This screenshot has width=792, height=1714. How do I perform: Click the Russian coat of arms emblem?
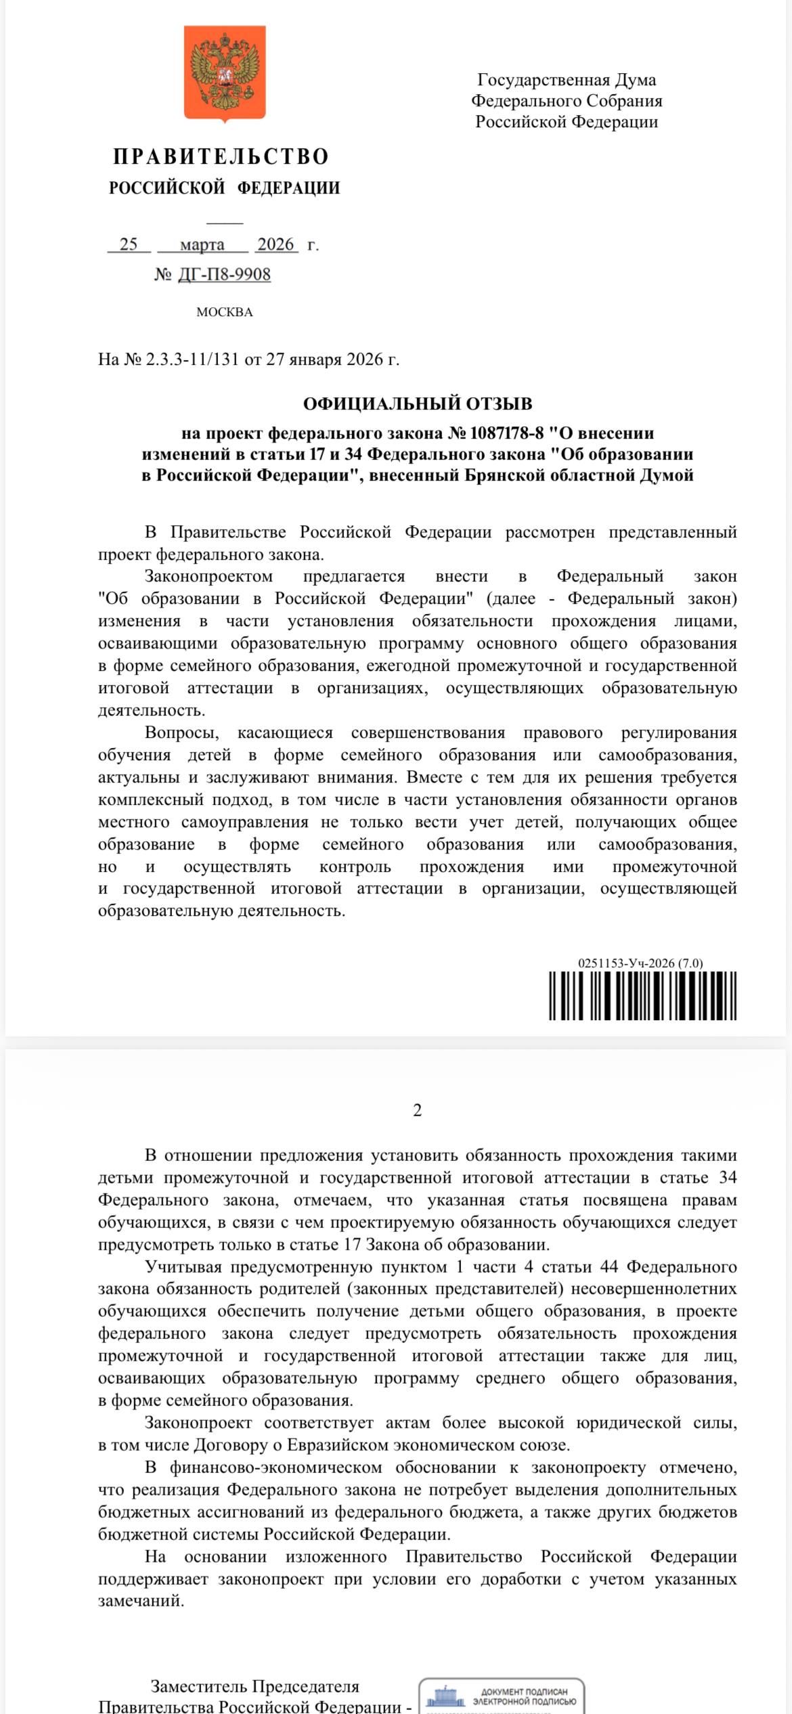pos(225,73)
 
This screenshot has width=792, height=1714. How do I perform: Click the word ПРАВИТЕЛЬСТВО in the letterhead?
pos(221,157)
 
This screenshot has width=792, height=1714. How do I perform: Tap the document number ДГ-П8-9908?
pos(224,274)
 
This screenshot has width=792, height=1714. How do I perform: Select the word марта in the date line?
pos(202,244)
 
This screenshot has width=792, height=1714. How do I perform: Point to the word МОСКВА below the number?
pos(225,312)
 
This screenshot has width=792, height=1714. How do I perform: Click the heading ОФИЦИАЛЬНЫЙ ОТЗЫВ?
pos(418,403)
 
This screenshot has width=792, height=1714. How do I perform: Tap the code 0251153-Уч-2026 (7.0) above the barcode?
pos(640,963)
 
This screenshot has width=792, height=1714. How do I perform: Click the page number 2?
pos(418,1110)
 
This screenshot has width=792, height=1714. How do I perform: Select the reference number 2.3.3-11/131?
pos(193,359)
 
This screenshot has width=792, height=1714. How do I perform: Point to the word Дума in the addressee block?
pos(635,80)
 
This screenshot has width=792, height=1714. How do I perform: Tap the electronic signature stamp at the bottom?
pos(502,1696)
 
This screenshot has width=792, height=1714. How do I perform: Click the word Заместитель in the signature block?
pos(198,1686)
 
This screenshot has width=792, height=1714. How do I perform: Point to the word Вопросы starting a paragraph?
pos(182,732)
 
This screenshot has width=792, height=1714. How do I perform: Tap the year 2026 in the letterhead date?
pos(276,244)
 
